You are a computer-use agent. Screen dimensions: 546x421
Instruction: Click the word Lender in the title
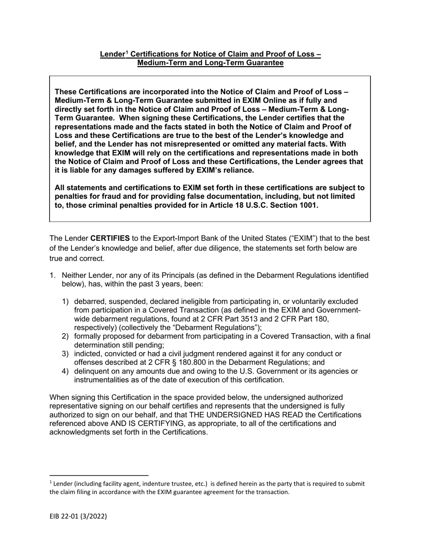click(x=112, y=55)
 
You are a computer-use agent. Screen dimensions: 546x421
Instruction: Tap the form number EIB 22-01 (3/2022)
click(x=78, y=517)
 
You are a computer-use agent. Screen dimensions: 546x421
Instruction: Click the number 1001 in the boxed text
click(x=308, y=205)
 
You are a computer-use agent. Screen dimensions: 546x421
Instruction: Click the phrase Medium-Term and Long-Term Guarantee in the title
click(x=210, y=63)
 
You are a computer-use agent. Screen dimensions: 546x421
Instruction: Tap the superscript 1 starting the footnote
click(x=50, y=482)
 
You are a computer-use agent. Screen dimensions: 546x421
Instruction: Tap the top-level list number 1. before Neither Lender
click(x=52, y=276)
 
